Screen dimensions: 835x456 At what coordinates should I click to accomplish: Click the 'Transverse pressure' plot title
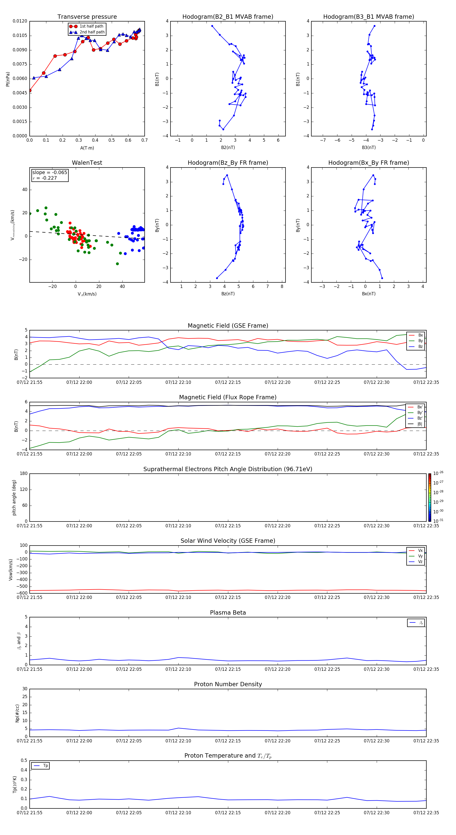(x=87, y=17)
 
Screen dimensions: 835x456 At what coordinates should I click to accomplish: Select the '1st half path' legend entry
(x=91, y=26)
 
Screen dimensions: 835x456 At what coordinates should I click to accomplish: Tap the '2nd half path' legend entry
(x=92, y=32)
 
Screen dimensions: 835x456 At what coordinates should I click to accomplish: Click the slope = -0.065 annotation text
(x=50, y=173)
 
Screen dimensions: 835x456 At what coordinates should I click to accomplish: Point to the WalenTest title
(x=87, y=163)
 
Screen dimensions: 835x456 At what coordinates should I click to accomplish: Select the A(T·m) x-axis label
(x=87, y=148)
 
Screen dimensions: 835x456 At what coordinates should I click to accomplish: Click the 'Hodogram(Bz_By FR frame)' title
(x=228, y=163)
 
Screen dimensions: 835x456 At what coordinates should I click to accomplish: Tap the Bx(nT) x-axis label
(x=369, y=294)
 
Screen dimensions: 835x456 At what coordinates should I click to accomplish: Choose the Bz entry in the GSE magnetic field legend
(x=420, y=346)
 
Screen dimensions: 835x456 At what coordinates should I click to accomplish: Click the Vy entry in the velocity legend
(x=420, y=556)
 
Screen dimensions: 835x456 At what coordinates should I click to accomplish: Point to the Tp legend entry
(x=45, y=766)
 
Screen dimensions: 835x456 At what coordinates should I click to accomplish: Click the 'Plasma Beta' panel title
(x=228, y=613)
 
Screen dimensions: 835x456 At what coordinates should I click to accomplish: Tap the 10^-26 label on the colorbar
(x=438, y=473)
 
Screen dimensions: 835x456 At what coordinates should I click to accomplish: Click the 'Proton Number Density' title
(x=228, y=684)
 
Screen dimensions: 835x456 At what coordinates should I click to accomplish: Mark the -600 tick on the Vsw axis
(x=22, y=593)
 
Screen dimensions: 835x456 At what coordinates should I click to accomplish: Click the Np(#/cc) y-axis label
(x=17, y=713)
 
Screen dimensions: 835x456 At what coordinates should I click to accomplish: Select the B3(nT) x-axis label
(x=369, y=148)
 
